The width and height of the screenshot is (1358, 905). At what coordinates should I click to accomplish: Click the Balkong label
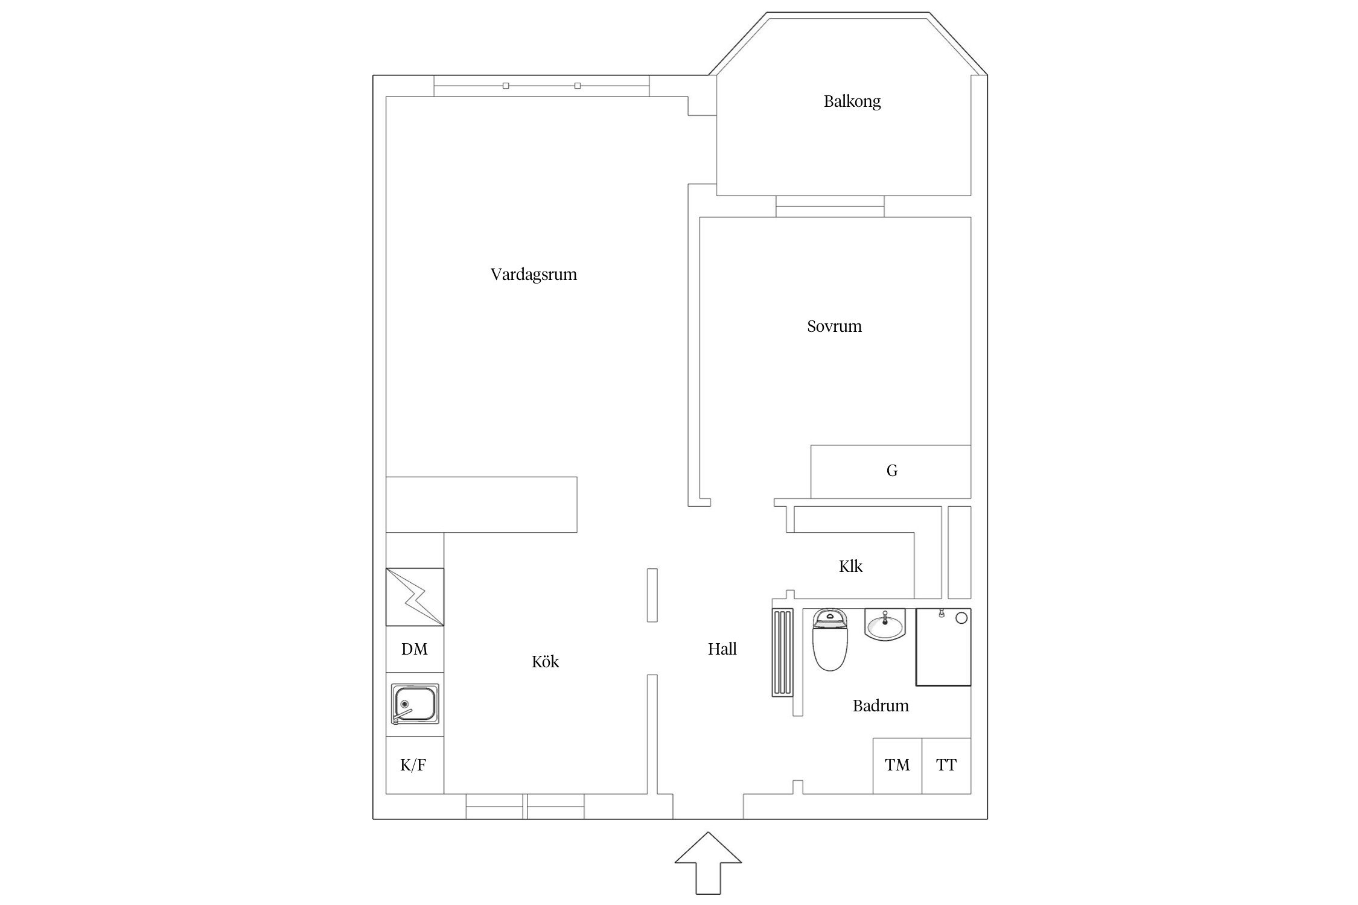pyautogui.click(x=852, y=101)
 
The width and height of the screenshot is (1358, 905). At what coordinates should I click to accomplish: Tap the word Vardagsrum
pyautogui.click(x=534, y=275)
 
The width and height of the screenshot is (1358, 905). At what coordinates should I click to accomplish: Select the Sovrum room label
pyautogui.click(x=834, y=326)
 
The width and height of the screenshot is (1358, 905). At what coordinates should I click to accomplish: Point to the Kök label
pyautogui.click(x=545, y=661)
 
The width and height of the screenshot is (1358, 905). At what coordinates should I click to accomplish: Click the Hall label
pyautogui.click(x=722, y=649)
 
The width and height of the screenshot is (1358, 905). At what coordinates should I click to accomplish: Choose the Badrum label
pyautogui.click(x=881, y=705)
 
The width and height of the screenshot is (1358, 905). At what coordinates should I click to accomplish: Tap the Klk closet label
pyautogui.click(x=850, y=566)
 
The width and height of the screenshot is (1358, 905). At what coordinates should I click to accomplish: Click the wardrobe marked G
pyautogui.click(x=891, y=472)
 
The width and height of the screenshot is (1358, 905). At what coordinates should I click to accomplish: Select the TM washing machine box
pyautogui.click(x=897, y=766)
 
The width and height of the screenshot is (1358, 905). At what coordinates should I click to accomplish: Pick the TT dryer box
pyautogui.click(x=946, y=766)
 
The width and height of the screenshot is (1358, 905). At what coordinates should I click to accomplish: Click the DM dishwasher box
pyautogui.click(x=415, y=649)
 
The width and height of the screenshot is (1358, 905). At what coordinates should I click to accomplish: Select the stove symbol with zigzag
pyautogui.click(x=415, y=597)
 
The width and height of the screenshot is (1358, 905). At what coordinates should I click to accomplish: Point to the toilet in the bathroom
pyautogui.click(x=830, y=640)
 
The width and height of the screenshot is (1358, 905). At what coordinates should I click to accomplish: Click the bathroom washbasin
pyautogui.click(x=885, y=624)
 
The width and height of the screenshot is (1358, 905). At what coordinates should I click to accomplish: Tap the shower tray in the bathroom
pyautogui.click(x=943, y=647)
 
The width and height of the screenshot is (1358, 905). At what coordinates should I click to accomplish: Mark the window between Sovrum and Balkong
pyautogui.click(x=830, y=206)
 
